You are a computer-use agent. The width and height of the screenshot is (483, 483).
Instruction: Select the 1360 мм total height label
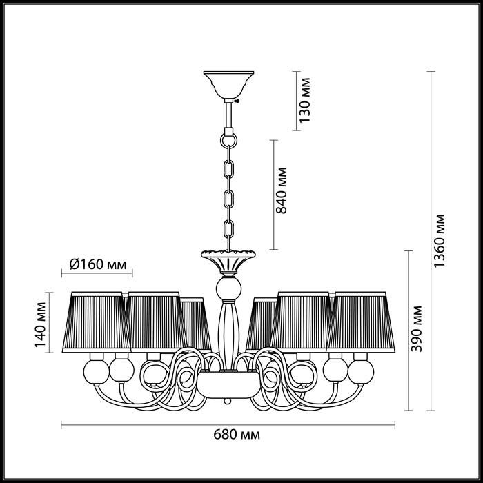pos(442,240)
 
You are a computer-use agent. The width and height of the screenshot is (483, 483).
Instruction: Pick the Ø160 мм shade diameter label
pos(98,264)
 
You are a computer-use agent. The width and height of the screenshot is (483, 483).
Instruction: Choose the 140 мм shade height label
pos(43,322)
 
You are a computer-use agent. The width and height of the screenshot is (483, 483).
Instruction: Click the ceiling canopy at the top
pos(226,83)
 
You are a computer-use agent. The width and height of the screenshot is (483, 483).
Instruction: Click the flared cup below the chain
pos(226,260)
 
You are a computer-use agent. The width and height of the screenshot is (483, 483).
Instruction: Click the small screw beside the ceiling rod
pos(236,101)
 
